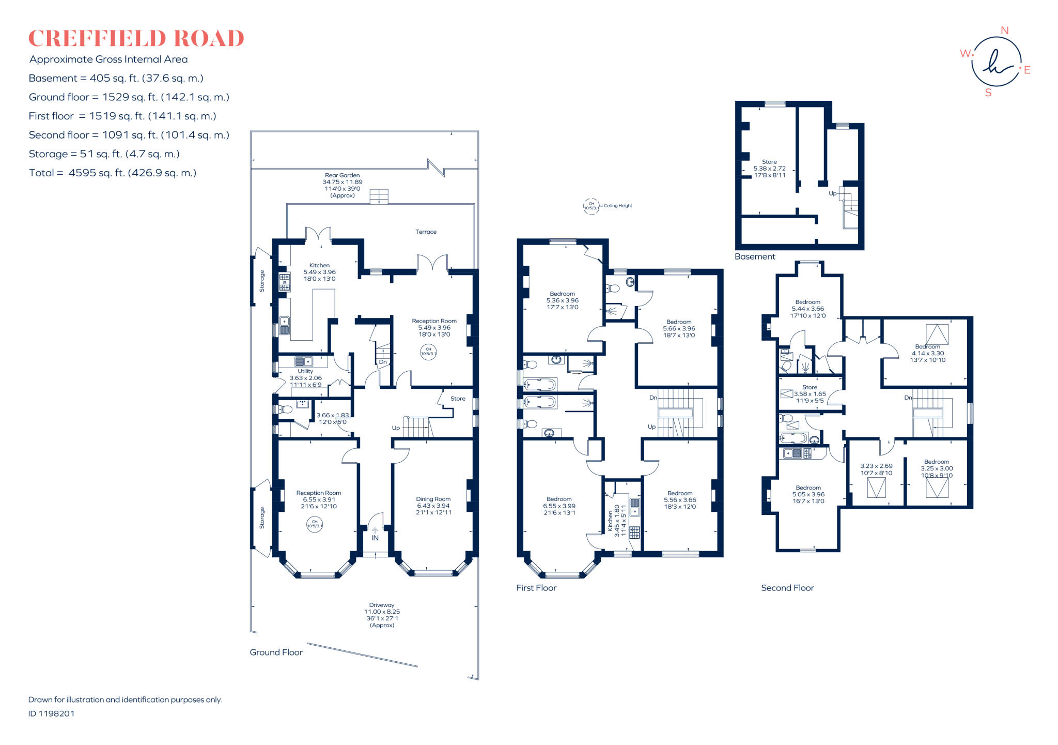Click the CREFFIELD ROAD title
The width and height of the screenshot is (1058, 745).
[136, 39]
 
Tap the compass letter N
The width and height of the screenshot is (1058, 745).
[1004, 31]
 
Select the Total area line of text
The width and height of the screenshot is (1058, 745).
[113, 173]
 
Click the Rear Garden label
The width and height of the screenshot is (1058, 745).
[342, 175]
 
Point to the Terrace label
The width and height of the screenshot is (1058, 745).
[426, 232]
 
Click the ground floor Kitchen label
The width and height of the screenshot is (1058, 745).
[319, 265]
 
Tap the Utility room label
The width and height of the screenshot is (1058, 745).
[305, 371]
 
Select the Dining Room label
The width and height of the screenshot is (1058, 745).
[433, 499]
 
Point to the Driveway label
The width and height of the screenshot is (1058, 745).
[382, 605]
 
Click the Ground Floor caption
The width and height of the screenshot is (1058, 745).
[276, 652]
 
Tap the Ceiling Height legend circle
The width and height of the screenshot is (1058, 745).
[591, 206]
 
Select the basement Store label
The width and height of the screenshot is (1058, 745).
[769, 162]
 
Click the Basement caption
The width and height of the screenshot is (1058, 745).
[755, 257]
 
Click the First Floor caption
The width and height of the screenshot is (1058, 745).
[536, 588]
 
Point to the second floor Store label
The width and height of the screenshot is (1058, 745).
[810, 387]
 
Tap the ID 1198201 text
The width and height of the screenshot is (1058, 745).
[51, 713]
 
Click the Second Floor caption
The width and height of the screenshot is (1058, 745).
[787, 588]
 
